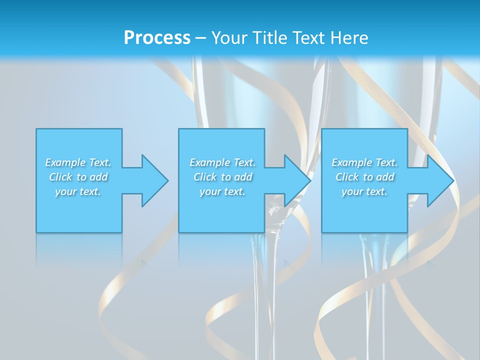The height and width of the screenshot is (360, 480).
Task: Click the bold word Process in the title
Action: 157,38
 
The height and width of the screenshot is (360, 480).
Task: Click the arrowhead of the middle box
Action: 297,180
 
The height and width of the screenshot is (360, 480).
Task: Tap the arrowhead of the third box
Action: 439,180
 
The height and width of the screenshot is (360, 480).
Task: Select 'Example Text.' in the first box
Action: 78,162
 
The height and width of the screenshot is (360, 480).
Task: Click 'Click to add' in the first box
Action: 78,177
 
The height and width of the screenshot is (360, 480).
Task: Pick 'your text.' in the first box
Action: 78,191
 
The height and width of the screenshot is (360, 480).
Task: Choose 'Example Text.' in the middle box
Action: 222,162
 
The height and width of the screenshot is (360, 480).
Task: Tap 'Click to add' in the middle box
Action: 222,177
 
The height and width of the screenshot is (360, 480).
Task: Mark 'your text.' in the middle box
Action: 222,191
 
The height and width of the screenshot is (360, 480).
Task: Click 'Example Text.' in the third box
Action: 364,162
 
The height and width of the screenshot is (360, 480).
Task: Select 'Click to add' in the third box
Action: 364,177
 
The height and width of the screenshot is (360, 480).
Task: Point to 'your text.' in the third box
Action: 364,191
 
